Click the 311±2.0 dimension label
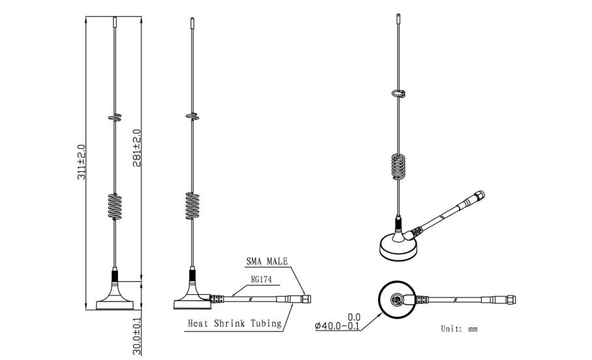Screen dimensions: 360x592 [x=81, y=163]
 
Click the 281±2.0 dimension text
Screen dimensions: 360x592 [x=137, y=148]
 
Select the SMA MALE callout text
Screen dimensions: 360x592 [x=266, y=262]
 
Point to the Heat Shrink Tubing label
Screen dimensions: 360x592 [x=234, y=323]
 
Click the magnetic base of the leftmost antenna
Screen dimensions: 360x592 [x=114, y=301]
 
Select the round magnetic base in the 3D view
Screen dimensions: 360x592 [x=397, y=247]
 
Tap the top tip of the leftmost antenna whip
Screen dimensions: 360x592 [x=114, y=21]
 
